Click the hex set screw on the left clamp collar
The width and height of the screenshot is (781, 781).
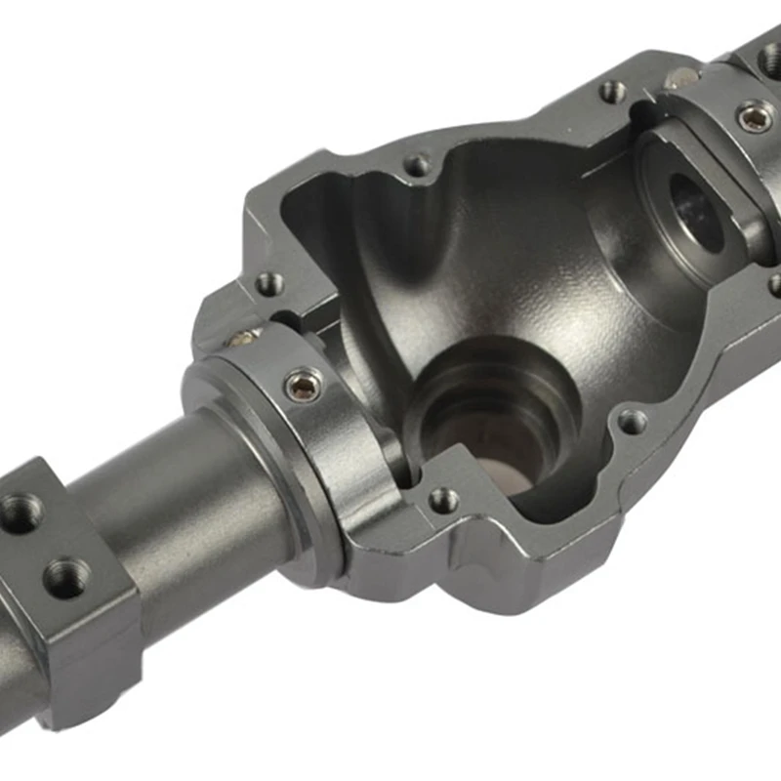(x=302, y=387)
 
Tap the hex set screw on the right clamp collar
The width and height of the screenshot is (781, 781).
(x=754, y=117)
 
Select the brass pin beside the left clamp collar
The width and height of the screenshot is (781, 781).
(x=239, y=339)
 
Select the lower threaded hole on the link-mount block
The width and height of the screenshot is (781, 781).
(x=65, y=577)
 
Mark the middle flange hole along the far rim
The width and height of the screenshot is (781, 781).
(x=418, y=165)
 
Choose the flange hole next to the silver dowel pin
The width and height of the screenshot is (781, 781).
(x=612, y=92)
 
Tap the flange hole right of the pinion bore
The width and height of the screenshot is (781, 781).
(x=632, y=422)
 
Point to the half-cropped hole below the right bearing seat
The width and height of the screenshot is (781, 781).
(x=775, y=285)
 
